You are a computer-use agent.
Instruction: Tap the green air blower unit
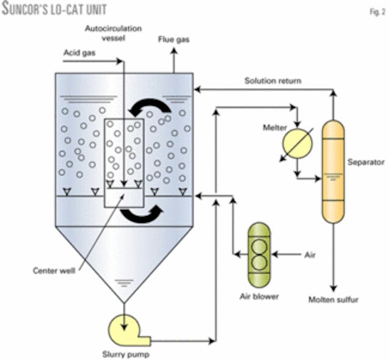259,254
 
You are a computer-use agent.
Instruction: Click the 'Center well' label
56,269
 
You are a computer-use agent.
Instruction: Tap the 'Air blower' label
259,297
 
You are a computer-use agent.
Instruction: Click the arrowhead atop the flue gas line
173,52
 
